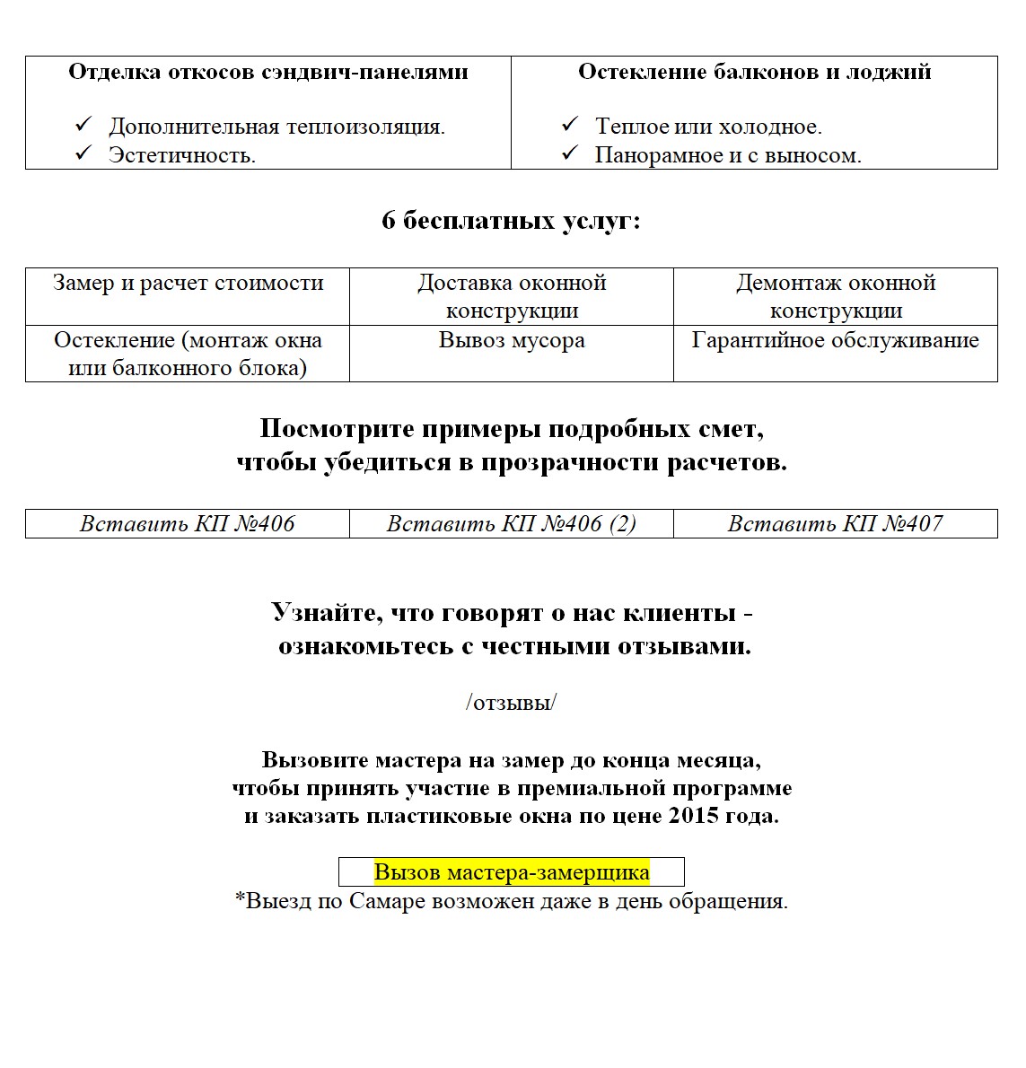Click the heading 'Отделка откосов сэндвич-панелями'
click(x=267, y=72)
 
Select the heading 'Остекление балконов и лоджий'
click(x=754, y=72)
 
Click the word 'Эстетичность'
click(x=180, y=155)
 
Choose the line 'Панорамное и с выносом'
click(x=727, y=155)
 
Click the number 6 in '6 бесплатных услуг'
click(x=388, y=221)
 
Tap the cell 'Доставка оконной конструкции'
click(x=512, y=296)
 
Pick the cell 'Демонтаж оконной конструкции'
click(x=836, y=296)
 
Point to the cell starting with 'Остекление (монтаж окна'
click(x=188, y=354)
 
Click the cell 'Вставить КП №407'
click(x=835, y=524)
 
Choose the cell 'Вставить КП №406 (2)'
click(x=512, y=524)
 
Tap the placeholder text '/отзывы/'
click(x=511, y=703)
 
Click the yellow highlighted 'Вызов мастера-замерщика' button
click(x=512, y=872)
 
